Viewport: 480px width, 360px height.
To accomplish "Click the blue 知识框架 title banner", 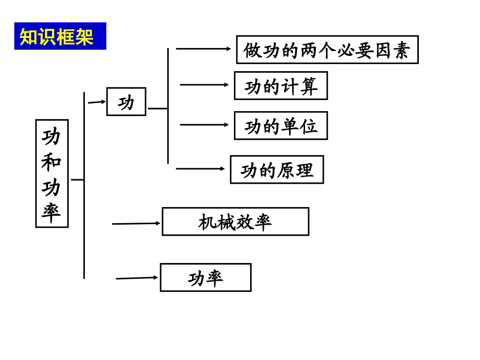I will coord(60,36).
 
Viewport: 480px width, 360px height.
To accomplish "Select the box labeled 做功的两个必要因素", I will coord(327,49).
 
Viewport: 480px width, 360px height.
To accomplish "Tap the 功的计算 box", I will coord(280,86).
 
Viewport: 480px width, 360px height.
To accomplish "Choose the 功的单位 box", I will coord(280,126).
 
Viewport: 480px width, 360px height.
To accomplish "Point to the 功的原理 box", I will coord(276,170).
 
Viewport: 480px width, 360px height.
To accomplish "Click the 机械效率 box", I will coord(235,222).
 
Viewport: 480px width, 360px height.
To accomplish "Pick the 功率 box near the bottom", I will coord(205,277).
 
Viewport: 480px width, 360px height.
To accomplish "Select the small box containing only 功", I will coord(126,101).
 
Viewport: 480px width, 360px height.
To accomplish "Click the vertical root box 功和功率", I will coord(52,173).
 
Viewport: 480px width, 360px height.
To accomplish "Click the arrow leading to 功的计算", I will coord(205,85).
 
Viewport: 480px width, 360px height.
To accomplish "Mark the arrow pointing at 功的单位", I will coord(205,125).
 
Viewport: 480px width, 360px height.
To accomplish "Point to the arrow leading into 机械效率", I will coord(136,223).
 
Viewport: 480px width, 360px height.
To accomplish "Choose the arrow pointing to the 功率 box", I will coord(137,278).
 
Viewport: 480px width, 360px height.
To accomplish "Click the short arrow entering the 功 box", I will coord(97,102).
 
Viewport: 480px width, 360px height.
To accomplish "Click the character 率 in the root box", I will coord(52,212).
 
